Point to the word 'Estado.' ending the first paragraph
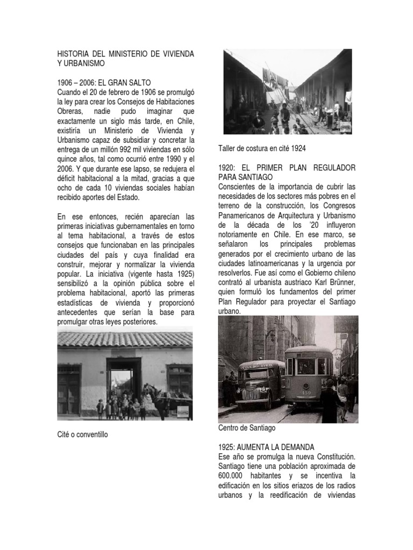click(x=126, y=198)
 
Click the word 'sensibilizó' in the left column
click(x=76, y=284)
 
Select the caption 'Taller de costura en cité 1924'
click(x=264, y=148)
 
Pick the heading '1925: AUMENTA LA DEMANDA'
click(x=266, y=447)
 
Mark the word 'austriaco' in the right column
click(x=296, y=282)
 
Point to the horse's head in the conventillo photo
click(x=148, y=389)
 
